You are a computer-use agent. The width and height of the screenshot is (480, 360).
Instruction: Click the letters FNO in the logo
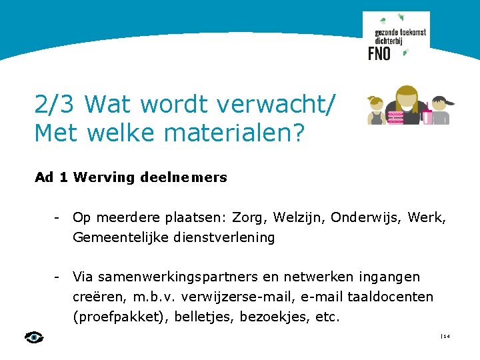(x=379, y=53)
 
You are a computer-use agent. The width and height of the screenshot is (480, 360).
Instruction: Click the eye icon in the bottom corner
(x=33, y=337)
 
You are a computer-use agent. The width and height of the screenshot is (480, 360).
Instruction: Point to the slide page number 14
(x=446, y=337)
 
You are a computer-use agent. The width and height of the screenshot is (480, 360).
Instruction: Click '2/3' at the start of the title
(x=55, y=104)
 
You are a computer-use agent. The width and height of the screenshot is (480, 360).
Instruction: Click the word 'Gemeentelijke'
(x=121, y=237)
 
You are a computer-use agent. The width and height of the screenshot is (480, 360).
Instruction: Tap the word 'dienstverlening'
(x=224, y=237)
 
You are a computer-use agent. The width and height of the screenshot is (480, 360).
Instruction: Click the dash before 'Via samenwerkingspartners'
(x=59, y=276)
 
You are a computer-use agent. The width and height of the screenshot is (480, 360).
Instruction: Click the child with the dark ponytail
(x=441, y=109)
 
